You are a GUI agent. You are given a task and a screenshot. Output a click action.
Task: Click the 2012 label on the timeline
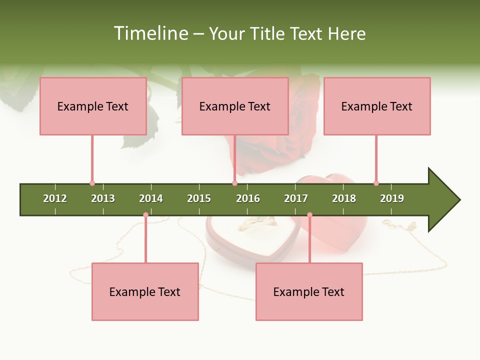[x=55, y=198]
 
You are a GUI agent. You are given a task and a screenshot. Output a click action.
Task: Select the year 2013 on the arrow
[x=103, y=198]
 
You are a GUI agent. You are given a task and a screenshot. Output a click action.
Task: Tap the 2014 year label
[x=151, y=198]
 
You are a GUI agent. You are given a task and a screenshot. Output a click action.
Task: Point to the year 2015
[x=199, y=198]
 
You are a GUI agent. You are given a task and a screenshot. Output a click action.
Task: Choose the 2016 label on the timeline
[x=248, y=198]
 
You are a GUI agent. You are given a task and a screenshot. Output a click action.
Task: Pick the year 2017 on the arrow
[x=296, y=198]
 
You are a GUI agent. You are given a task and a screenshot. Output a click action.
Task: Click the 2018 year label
[x=344, y=198]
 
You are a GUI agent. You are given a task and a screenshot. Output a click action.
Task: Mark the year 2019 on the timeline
[x=392, y=198]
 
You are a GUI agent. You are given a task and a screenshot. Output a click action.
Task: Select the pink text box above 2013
[x=93, y=106]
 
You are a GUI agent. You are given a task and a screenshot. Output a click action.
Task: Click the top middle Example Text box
[x=235, y=106]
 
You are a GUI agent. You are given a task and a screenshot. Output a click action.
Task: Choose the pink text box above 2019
[x=377, y=106]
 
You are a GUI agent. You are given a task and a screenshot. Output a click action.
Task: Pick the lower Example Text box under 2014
[x=145, y=291]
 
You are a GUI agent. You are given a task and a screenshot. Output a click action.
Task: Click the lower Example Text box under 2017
[x=309, y=291]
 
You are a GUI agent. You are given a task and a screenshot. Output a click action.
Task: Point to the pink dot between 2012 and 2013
[x=92, y=183]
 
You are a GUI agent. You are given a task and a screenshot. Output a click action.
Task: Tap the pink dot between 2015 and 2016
[x=235, y=183]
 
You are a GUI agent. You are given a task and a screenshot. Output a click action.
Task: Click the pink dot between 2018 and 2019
[x=376, y=183]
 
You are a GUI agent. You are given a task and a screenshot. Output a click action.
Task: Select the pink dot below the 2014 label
[x=145, y=215]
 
